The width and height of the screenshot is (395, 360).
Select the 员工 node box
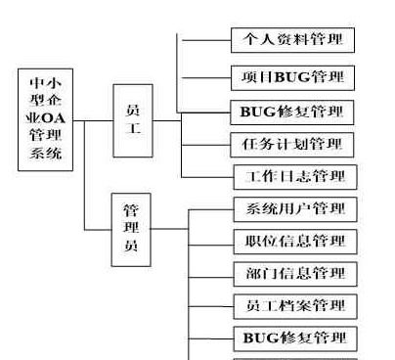click(x=133, y=121)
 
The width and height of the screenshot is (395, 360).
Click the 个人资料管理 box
click(x=291, y=41)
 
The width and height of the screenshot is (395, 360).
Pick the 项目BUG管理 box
click(x=291, y=76)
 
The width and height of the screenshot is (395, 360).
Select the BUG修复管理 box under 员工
click(x=291, y=111)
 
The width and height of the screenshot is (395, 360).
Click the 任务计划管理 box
click(x=291, y=145)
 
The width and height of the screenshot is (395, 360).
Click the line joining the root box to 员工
click(x=94, y=122)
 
